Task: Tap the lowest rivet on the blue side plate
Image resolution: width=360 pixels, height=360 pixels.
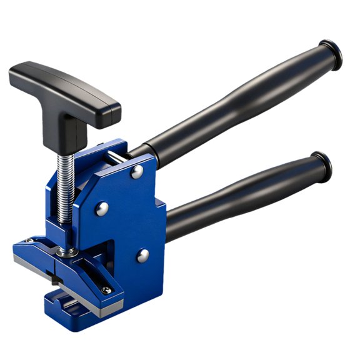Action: pos(143,254)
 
